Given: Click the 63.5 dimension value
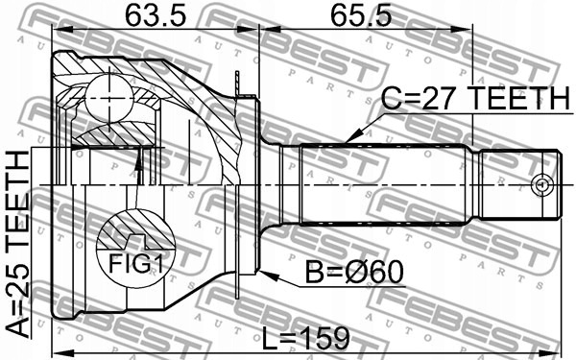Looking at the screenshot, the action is pos(156,15).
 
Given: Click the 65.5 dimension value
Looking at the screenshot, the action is pos(361,15).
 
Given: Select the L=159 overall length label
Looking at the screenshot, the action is pos(305,338).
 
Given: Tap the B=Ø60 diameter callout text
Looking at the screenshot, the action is pos(354,273).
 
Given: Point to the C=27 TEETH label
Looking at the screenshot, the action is pos(475,98).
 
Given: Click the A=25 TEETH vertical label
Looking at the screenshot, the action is pos(17,244).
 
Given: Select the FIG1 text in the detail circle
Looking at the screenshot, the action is pos(135,263).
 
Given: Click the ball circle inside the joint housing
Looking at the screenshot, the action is pos(108,99).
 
